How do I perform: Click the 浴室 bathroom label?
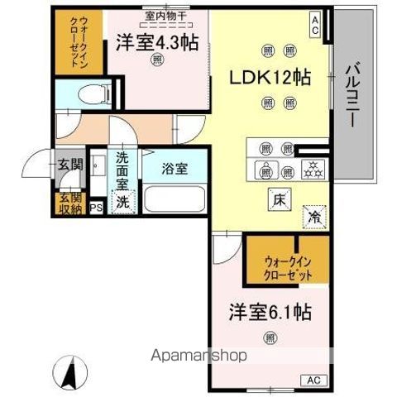(175, 169)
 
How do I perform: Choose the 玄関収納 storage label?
(69, 203)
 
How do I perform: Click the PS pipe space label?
(96, 208)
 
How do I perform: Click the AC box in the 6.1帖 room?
(314, 380)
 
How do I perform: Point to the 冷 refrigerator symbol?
(315, 216)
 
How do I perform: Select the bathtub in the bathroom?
(175, 201)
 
